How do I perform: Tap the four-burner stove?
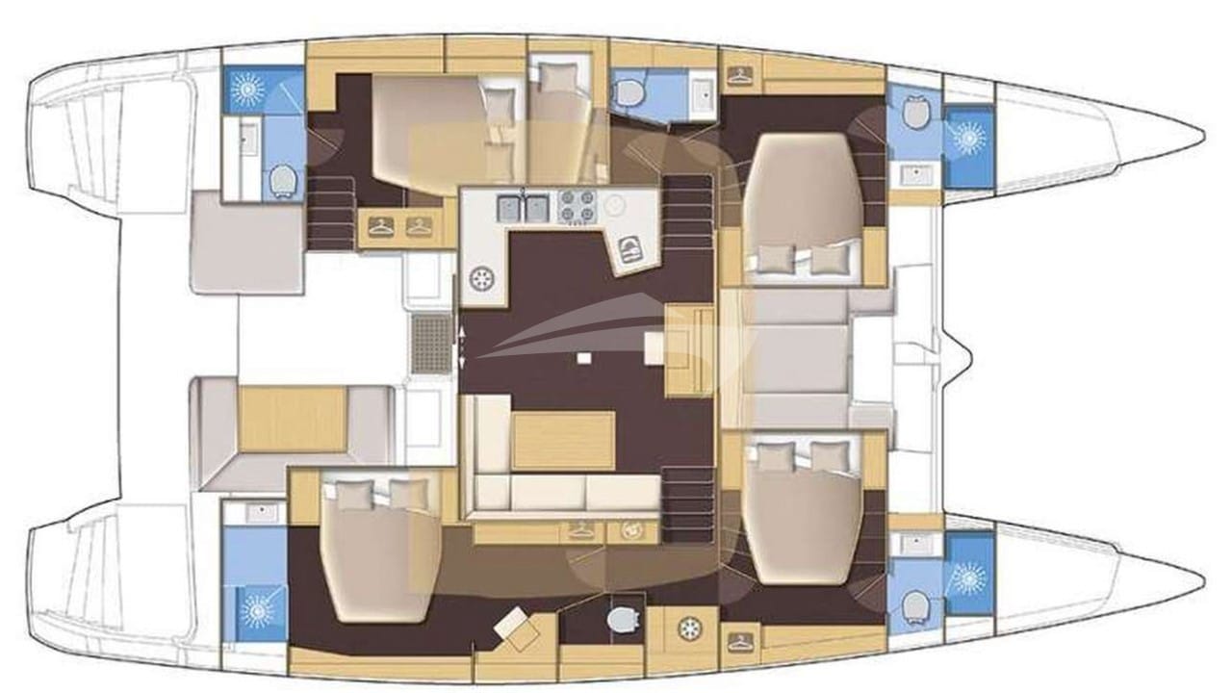point(575,206)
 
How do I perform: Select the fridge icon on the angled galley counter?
point(630,249)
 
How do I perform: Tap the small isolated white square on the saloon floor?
point(584,358)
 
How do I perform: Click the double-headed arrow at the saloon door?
point(462,346)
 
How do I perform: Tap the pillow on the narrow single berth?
point(554,76)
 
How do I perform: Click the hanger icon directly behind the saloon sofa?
point(582,529)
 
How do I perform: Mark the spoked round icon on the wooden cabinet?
point(689,629)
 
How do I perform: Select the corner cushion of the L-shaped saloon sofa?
point(485,493)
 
